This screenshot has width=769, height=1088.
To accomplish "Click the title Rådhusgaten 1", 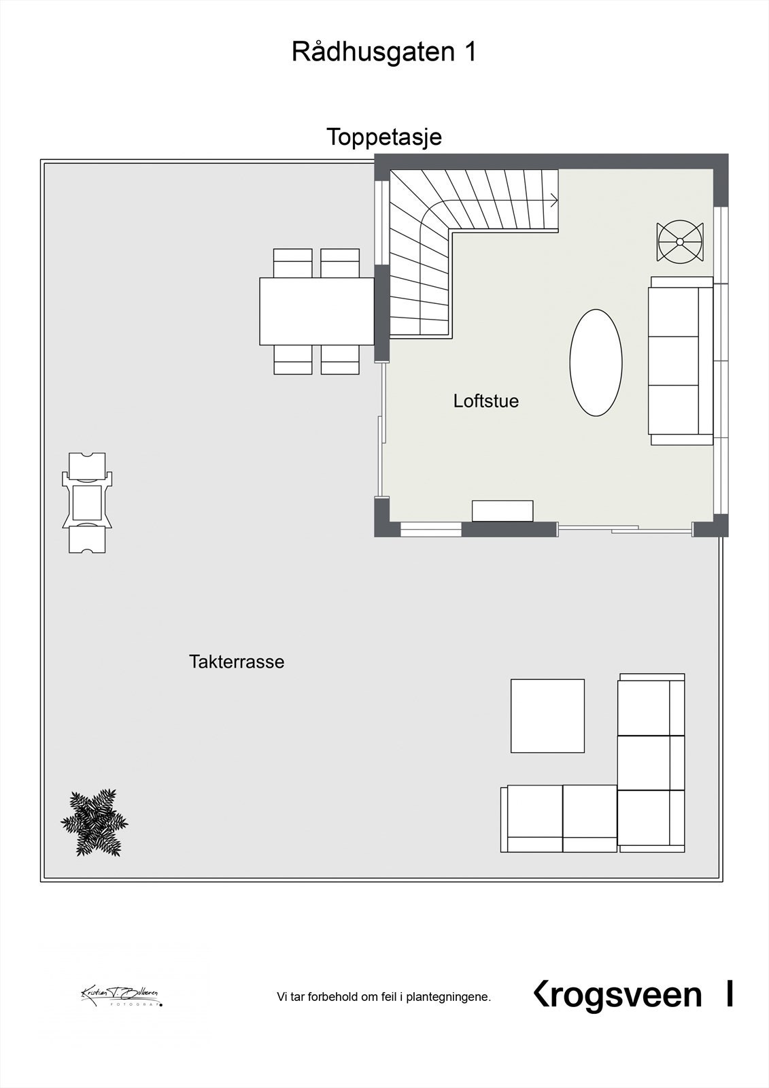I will (x=384, y=52).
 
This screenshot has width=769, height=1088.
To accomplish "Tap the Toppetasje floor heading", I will (x=384, y=137).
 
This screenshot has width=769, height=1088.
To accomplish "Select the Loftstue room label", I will (x=485, y=401).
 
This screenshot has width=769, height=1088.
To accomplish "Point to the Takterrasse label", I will (x=237, y=662).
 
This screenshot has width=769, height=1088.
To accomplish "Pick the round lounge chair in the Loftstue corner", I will (x=679, y=241).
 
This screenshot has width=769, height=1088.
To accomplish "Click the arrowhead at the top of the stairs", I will (x=554, y=200).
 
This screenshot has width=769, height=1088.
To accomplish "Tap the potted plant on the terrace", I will (x=94, y=822).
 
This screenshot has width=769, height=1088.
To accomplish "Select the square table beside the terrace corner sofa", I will (x=547, y=715).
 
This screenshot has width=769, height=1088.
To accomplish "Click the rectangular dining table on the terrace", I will (x=317, y=311).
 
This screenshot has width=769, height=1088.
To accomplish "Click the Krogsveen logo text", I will (x=617, y=995).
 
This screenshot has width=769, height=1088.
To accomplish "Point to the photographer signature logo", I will (x=121, y=996).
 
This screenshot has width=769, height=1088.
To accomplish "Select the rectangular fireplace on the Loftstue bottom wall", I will (x=502, y=511).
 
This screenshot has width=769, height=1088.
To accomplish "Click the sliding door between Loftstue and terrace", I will (x=624, y=528).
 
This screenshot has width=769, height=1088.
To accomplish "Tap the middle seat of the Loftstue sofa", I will (x=674, y=360).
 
